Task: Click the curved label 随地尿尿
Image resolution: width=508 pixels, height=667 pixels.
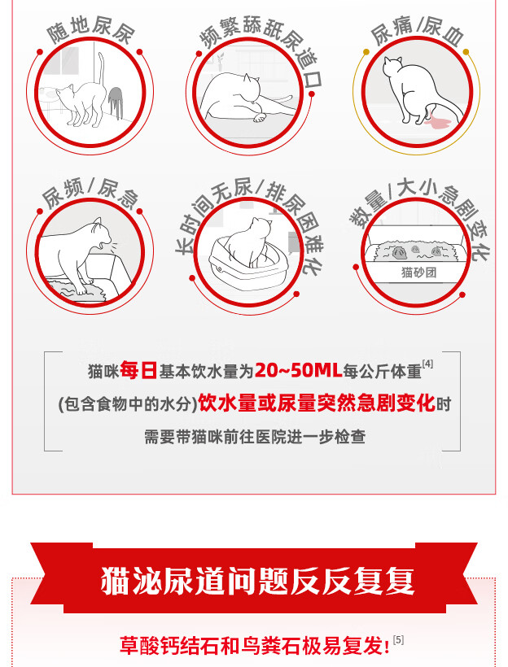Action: (x=90, y=30)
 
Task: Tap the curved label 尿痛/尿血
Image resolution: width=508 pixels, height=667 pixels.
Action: (x=417, y=30)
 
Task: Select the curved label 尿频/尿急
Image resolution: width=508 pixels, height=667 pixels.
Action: (x=90, y=194)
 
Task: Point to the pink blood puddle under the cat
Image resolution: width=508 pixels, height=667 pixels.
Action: (x=437, y=123)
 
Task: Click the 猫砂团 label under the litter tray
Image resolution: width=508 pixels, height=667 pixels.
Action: (x=418, y=272)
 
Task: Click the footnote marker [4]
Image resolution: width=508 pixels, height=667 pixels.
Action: (x=427, y=364)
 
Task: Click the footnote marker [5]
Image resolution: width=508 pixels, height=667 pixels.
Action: (x=398, y=640)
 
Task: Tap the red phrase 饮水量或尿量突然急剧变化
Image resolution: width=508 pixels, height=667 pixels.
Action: (x=317, y=403)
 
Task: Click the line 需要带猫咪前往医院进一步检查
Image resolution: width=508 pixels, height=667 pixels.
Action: (x=255, y=437)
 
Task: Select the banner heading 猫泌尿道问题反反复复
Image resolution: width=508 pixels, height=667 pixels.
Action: (x=257, y=580)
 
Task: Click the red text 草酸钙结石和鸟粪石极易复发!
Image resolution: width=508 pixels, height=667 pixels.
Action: (x=255, y=646)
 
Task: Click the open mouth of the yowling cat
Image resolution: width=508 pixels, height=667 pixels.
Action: (x=101, y=246)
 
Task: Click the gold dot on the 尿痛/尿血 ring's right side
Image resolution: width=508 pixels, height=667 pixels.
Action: (x=466, y=52)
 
